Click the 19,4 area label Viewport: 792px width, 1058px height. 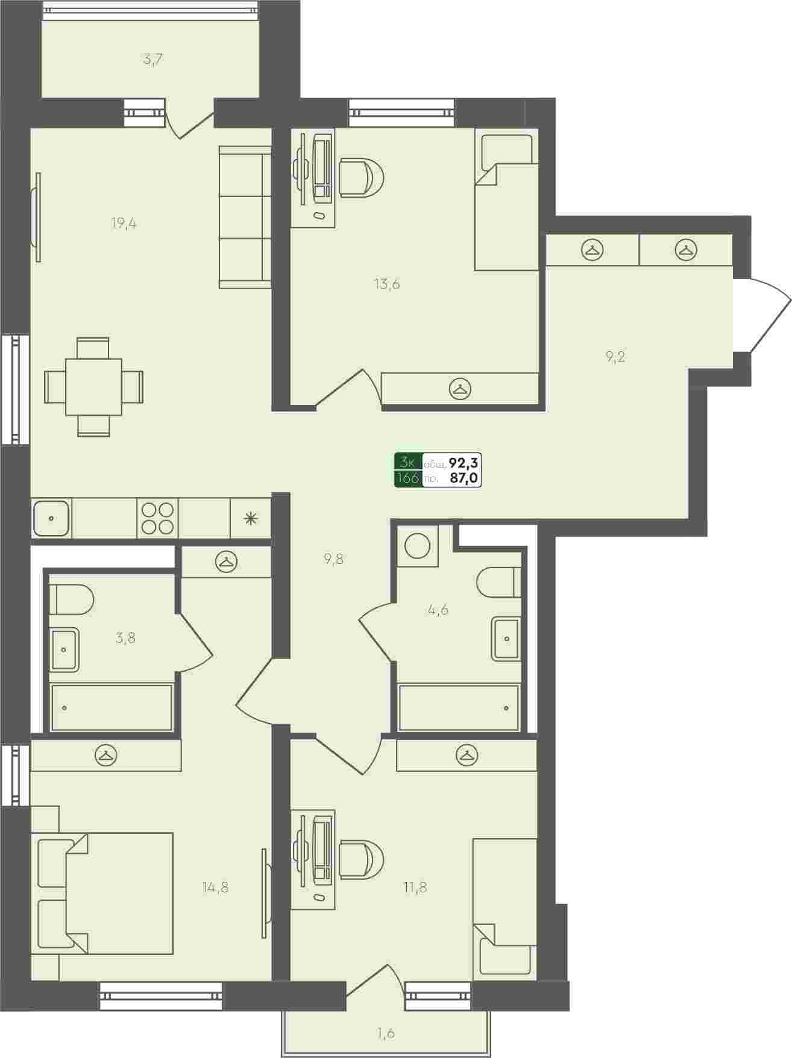[124, 224]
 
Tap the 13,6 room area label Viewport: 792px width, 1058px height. [387, 284]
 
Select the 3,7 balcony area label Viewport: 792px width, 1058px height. [154, 59]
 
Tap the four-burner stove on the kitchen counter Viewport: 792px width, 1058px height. [158, 518]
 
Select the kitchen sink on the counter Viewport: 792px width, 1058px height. [52, 518]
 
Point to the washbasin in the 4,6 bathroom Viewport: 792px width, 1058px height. [506, 638]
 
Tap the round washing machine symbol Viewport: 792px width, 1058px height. [417, 546]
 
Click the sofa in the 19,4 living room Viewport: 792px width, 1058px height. [245, 217]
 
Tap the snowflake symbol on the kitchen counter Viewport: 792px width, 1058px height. [250, 518]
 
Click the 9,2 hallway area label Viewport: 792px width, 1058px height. [615, 356]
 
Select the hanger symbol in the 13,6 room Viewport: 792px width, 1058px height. [461, 389]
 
